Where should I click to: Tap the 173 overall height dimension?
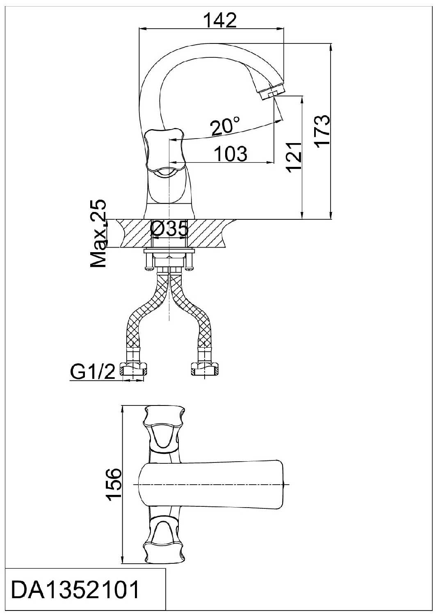tap(322, 132)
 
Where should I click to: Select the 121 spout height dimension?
tap(294, 157)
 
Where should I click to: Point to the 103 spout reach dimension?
tap(230, 154)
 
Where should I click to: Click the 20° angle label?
tap(225, 126)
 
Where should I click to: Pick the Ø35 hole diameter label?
tap(169, 229)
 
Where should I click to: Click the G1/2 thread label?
tap(92, 372)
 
